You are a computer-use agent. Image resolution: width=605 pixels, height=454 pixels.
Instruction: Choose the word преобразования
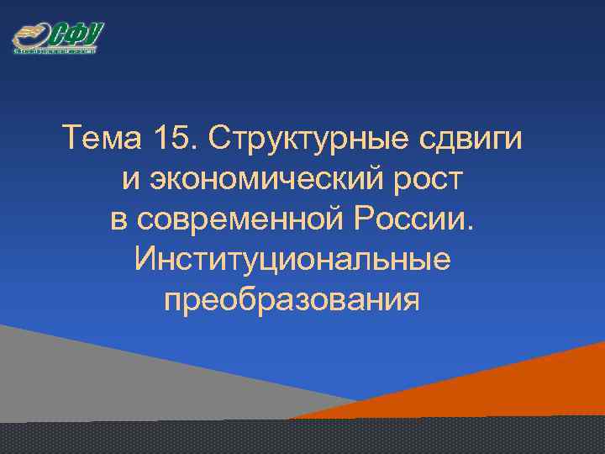tap(292, 299)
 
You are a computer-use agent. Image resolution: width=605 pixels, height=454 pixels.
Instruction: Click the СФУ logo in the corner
tap(57, 38)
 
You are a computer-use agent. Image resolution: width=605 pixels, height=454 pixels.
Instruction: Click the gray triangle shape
tap(101, 370)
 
